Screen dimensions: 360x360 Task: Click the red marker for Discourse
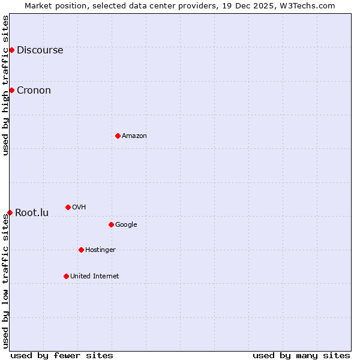11,50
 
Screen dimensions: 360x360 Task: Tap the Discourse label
40,50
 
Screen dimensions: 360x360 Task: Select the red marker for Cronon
11,90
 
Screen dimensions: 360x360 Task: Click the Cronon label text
34,91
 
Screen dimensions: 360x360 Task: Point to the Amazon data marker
118,136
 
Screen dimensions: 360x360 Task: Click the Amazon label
134,136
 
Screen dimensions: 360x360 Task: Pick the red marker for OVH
68,207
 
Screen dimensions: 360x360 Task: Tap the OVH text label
79,208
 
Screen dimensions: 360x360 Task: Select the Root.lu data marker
10,212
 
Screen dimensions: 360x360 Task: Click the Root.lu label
32,213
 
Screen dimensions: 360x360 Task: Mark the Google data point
111,224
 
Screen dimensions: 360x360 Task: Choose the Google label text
126,225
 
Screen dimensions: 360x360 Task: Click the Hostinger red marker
81,250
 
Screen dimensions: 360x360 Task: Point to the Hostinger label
100,250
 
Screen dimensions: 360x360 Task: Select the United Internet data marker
66,276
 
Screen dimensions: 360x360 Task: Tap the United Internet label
95,277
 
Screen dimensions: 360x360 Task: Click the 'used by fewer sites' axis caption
62,355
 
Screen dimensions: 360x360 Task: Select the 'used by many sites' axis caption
301,355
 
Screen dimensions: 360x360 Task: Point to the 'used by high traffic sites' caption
6,85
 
